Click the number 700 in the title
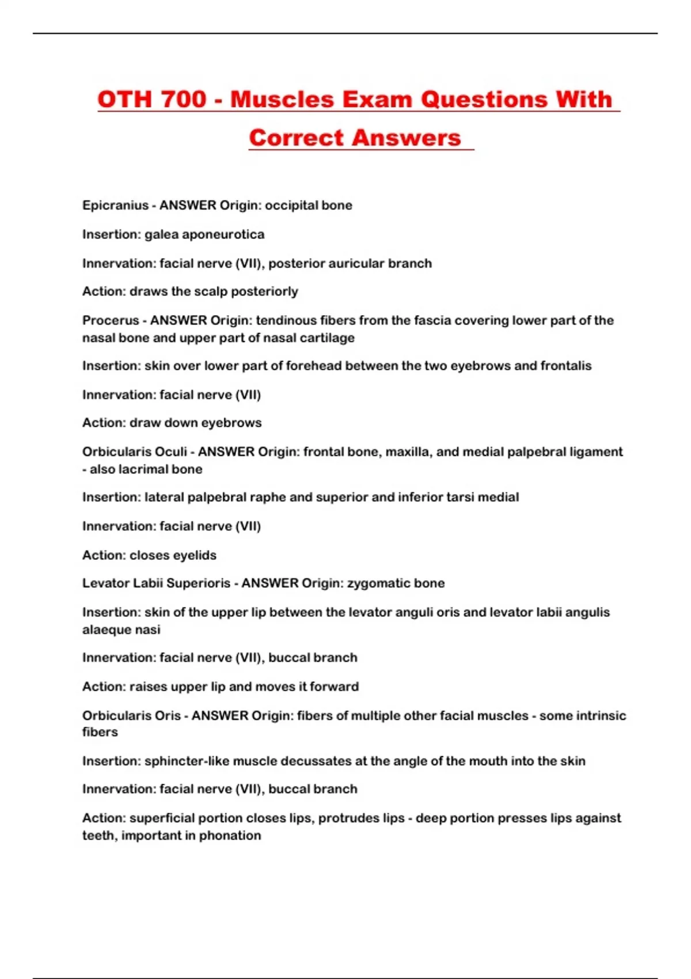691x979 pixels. click(183, 99)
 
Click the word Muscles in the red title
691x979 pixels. click(282, 99)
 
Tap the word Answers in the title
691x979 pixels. click(407, 138)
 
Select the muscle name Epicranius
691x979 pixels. click(115, 206)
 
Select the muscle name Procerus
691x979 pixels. click(111, 320)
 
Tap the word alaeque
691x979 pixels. click(106, 629)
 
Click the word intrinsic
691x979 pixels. click(599, 715)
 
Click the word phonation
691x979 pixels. click(230, 835)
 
